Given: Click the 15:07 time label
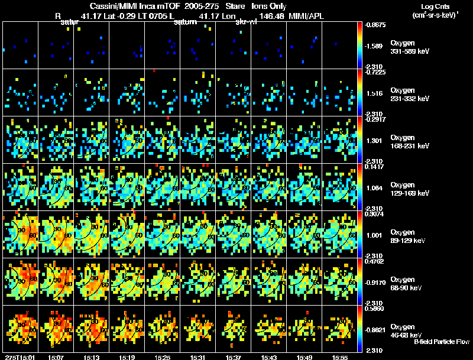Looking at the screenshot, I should point(57,357).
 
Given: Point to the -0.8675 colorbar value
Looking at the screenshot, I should point(375,25).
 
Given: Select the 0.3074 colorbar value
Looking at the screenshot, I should point(375,215).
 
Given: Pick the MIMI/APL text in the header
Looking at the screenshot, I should point(306,16).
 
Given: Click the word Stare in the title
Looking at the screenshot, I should point(235,5).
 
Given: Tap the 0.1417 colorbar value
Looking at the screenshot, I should point(375,167).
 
